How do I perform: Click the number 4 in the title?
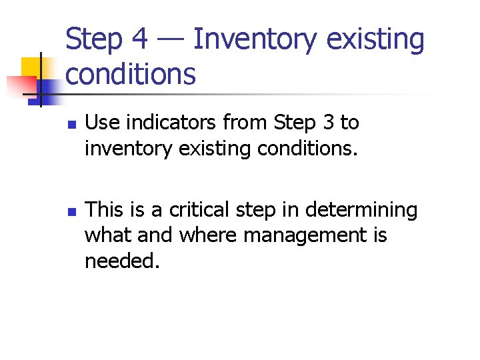click(x=138, y=39)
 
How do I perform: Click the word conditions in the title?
click(x=131, y=75)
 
